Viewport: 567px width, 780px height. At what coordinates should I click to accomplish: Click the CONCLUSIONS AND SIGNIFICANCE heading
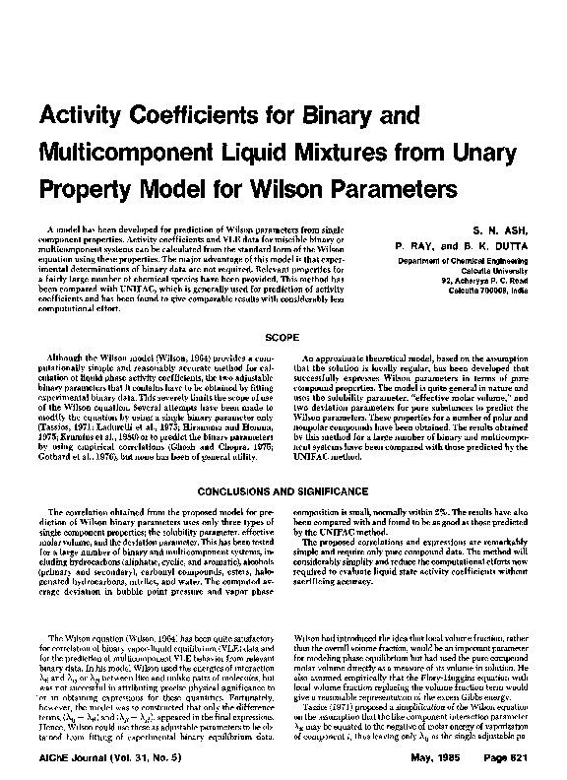point(283,489)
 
